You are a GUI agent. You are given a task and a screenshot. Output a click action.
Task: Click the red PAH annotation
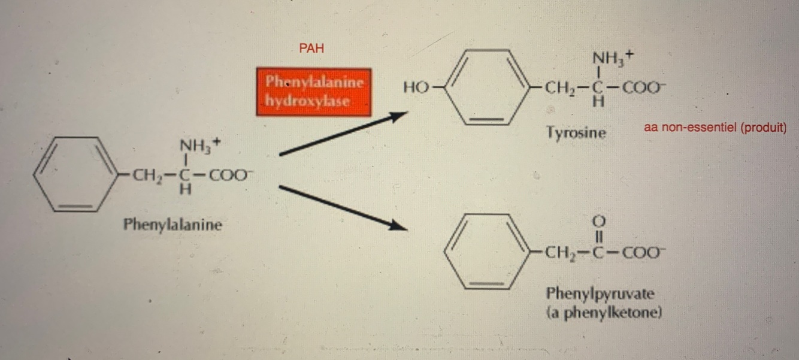pos(311,49)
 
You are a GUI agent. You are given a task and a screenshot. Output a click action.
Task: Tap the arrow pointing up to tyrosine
pos(339,135)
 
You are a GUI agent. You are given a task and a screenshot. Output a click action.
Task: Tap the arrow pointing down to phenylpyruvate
pos(339,207)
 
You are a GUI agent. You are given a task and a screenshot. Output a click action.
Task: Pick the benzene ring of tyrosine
pos(485,87)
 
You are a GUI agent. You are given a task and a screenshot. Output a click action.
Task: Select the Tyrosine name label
pos(576,132)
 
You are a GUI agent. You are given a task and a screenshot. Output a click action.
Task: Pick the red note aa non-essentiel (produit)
pos(715,128)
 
